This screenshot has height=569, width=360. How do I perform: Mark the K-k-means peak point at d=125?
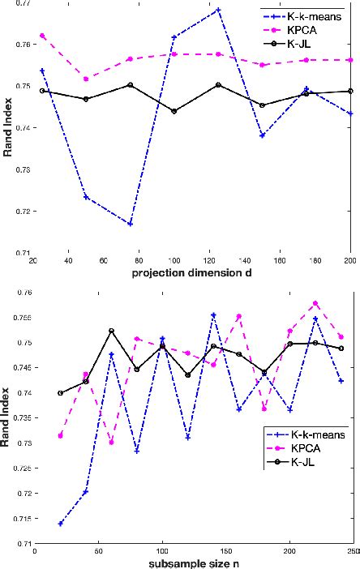(218, 10)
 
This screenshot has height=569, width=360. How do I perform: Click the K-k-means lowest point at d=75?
(130, 224)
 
